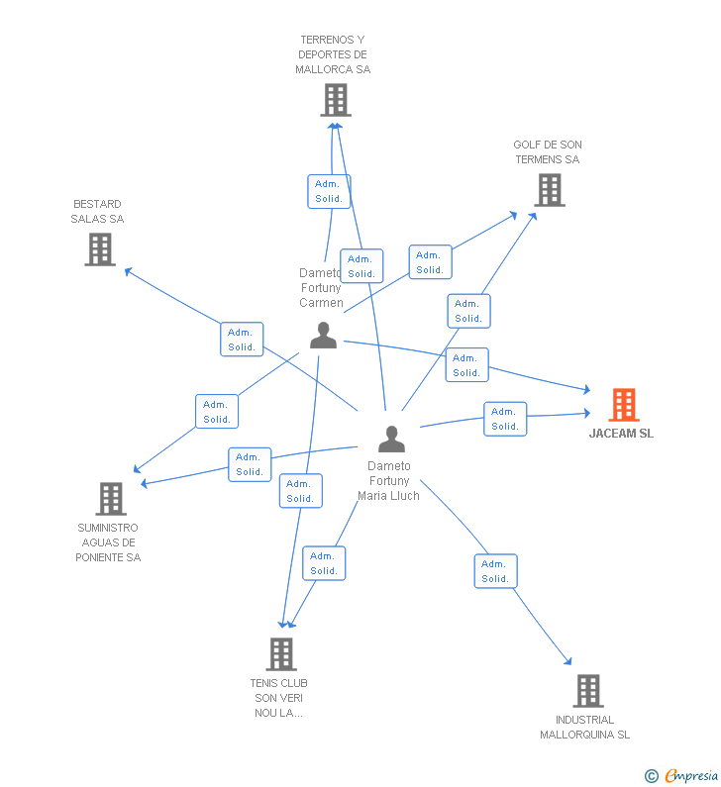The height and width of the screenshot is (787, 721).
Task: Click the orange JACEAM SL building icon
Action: pos(623,405)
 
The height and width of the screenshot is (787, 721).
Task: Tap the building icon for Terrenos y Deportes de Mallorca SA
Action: pos(336,100)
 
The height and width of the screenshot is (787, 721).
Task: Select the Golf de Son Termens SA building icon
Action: pos(549,190)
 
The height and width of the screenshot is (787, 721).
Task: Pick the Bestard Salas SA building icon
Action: pos(100,249)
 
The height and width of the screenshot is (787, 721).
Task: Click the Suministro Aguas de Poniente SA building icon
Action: pos(111,499)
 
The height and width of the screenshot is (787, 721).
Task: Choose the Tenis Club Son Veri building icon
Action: pos(281,653)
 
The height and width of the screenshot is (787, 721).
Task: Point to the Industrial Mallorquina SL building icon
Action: pos(587,690)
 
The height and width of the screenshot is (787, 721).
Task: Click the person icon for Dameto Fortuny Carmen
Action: pos(323,336)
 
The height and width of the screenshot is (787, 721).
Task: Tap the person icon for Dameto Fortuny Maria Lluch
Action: pos(391,439)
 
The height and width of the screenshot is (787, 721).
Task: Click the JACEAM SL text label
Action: pos(621,434)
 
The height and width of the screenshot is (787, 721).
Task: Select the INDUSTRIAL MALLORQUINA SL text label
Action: pos(584,728)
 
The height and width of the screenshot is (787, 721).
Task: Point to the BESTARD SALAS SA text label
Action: pos(97,212)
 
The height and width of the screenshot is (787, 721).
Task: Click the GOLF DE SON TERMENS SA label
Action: pos(548,152)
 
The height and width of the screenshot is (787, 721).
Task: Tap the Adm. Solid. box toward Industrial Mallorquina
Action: pos(495,571)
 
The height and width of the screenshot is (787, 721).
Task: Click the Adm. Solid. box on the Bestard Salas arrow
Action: pos(242,340)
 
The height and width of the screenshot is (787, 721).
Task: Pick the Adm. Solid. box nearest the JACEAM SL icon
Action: pos(505,419)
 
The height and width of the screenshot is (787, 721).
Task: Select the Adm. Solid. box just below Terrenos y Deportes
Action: pos(329,191)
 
